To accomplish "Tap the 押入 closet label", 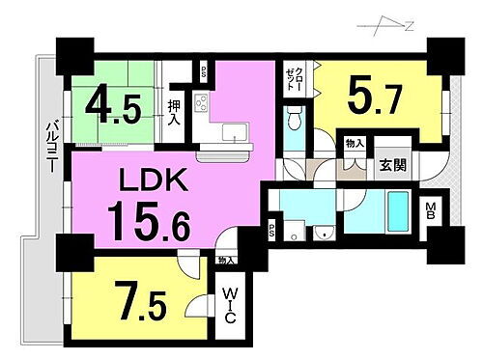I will [x=175, y=115].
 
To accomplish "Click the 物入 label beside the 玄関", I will [x=355, y=144].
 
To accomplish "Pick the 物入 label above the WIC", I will [x=226, y=261].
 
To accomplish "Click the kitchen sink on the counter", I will [x=232, y=132].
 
